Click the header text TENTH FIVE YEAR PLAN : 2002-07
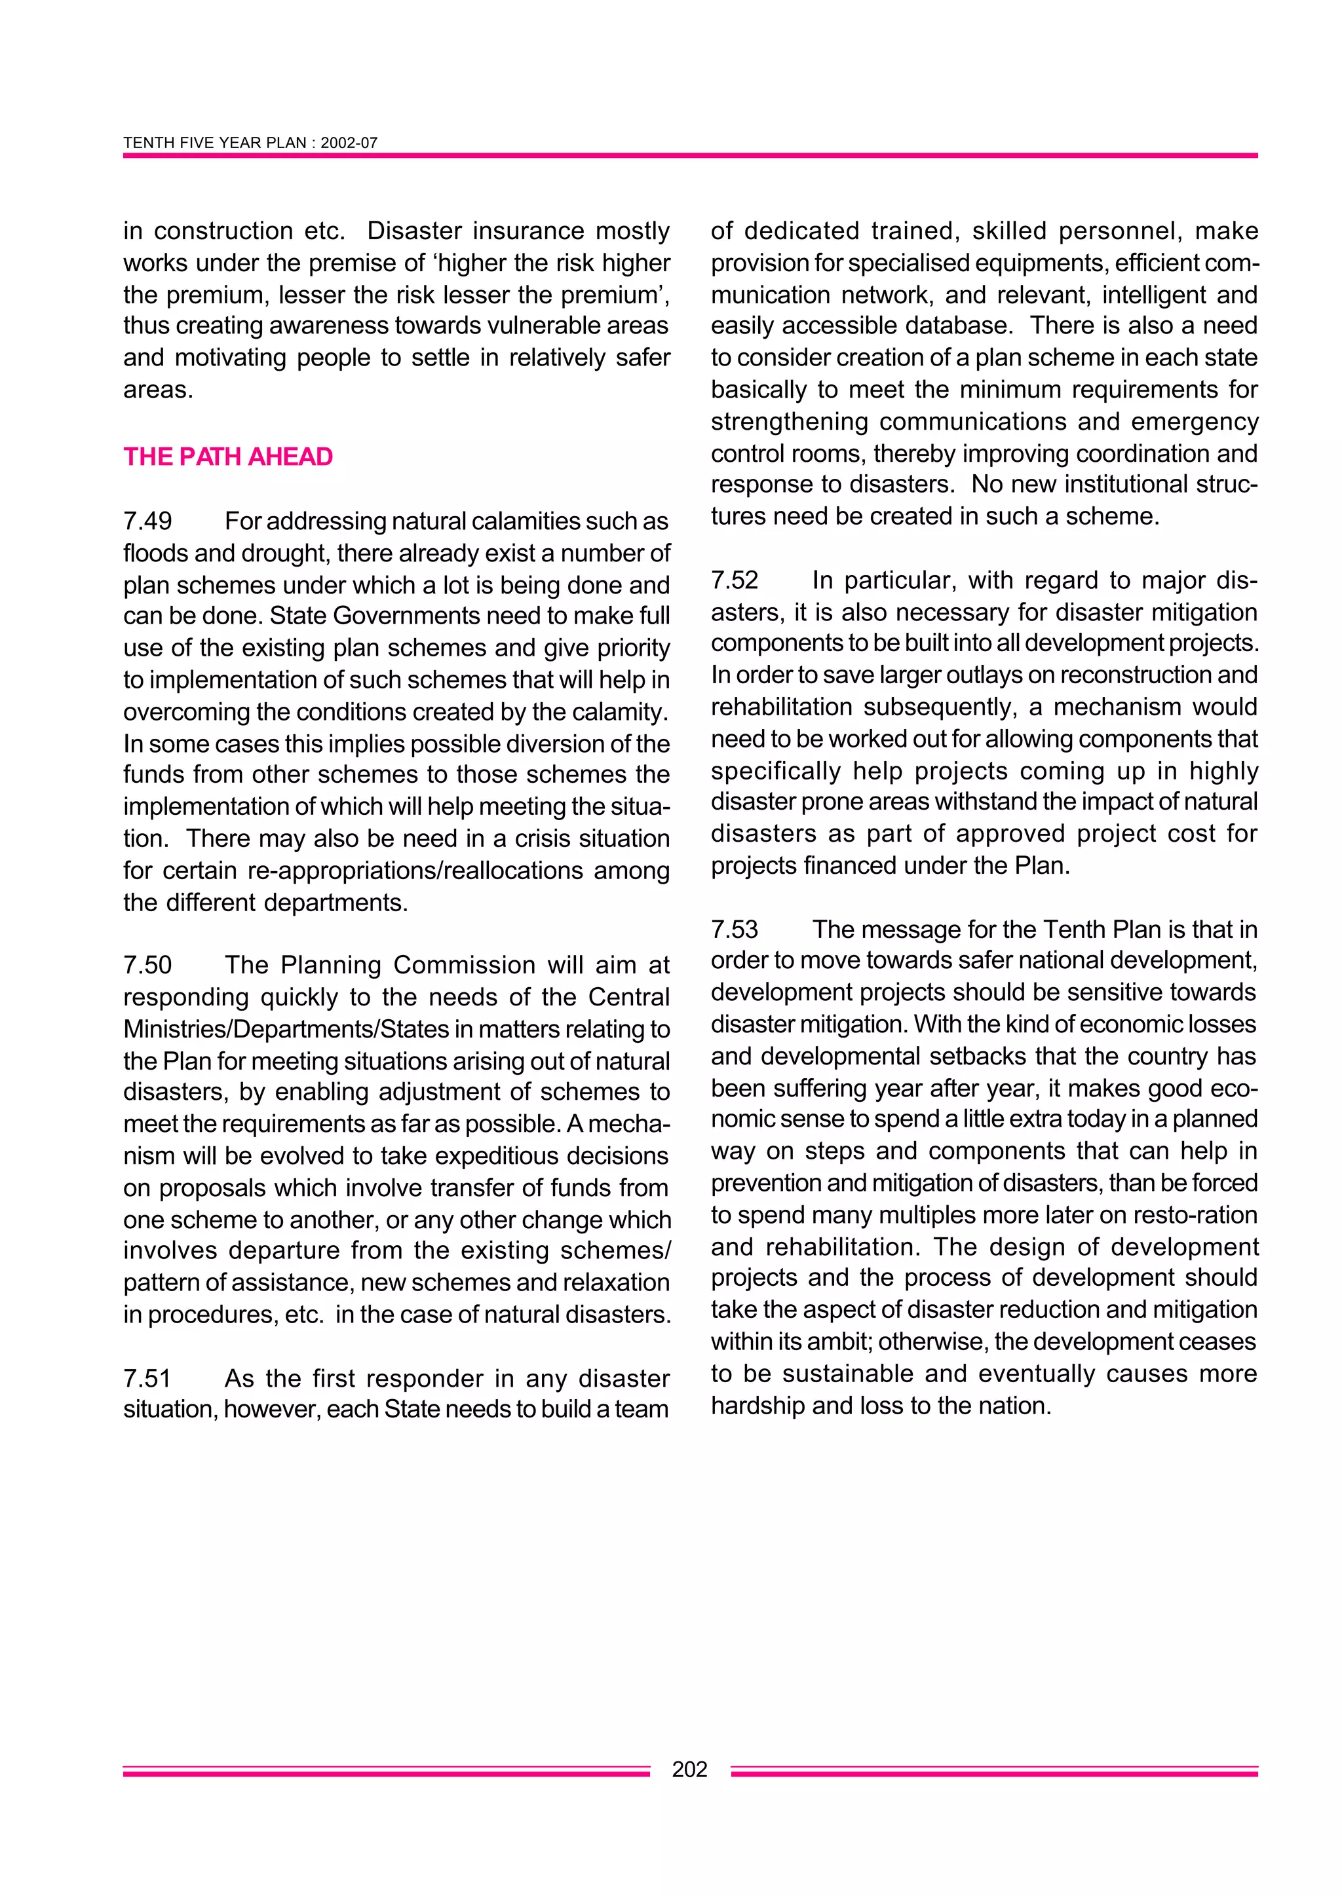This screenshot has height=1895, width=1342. [250, 143]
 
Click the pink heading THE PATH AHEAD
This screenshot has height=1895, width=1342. [228, 457]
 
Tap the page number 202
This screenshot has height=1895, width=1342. [690, 1769]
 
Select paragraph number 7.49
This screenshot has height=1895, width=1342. [148, 521]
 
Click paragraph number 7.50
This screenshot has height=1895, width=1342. [148, 965]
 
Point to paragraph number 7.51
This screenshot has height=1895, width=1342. [148, 1378]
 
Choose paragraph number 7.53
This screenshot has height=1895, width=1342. [735, 929]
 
